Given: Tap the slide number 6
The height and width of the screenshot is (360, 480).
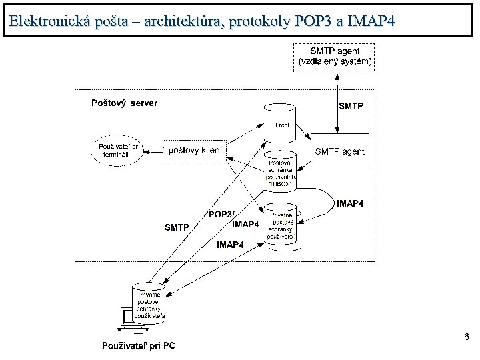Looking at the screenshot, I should coord(467,338).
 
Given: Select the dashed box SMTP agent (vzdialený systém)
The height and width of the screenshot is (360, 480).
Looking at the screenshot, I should coord(334,57).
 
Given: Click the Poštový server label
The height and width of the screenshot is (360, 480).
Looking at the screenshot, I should coord(124,103).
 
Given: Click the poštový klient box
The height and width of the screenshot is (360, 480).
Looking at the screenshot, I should coord(195,151).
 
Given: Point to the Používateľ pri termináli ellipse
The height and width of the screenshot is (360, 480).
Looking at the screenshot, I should coord(118,150).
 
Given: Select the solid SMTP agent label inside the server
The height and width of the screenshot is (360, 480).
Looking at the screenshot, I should coord(339,151).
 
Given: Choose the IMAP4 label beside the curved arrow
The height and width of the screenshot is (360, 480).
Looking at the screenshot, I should coord(351,203).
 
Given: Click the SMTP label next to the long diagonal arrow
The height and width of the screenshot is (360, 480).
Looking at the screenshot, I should coord(177,228).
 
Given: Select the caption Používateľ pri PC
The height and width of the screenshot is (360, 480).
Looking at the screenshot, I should coord(139,345).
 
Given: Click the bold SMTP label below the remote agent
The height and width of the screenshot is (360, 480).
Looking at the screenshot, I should coord(351,105).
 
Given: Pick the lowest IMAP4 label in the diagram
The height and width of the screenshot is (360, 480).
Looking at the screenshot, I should coord(230,245).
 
